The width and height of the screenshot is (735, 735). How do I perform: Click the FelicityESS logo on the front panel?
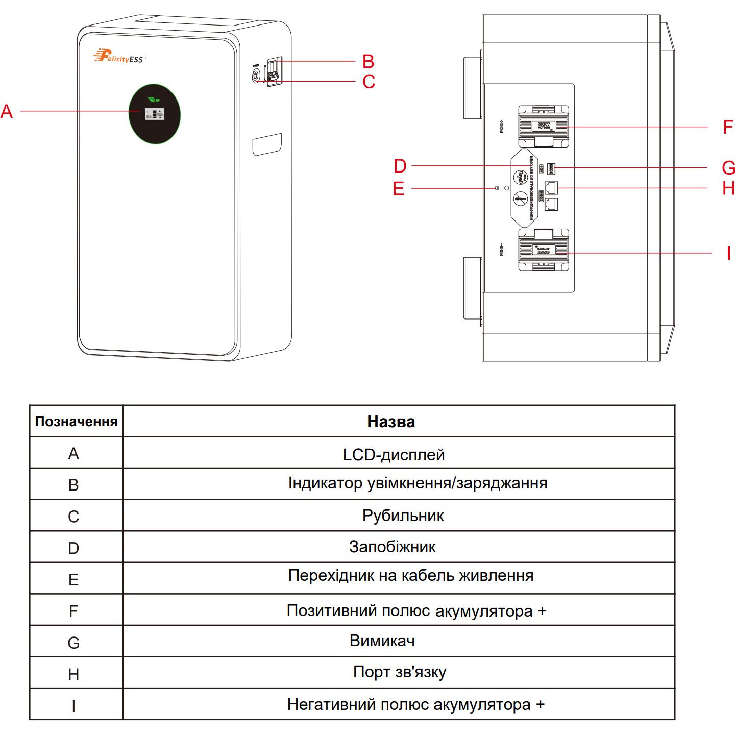tap(119, 56)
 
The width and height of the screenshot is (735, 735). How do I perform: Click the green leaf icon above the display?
tap(154, 99)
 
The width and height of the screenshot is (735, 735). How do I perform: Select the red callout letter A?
tap(7, 111)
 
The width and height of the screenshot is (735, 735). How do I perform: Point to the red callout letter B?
tap(368, 61)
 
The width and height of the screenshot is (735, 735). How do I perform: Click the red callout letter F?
tap(728, 127)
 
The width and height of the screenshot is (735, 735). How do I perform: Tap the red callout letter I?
tap(728, 253)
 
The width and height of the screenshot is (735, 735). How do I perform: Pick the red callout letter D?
tap(400, 166)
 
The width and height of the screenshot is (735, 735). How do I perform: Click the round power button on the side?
tap(255, 77)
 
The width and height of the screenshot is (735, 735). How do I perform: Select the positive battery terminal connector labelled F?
tap(544, 126)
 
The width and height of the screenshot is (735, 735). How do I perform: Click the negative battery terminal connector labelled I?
tap(544, 250)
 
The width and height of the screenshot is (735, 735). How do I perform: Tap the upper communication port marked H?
tap(551, 187)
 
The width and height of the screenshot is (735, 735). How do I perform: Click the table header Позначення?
tap(76, 422)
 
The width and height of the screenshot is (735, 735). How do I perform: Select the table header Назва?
tap(391, 422)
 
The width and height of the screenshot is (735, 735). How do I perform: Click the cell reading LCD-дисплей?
tap(394, 454)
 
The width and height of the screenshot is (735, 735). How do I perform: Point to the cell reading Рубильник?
tap(403, 516)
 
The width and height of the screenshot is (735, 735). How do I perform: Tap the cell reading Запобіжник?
tap(392, 547)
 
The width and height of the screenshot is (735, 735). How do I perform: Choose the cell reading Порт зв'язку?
tap(399, 672)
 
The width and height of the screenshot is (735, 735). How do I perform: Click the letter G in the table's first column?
tap(73, 643)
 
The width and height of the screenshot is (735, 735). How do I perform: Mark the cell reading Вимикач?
tap(382, 641)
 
